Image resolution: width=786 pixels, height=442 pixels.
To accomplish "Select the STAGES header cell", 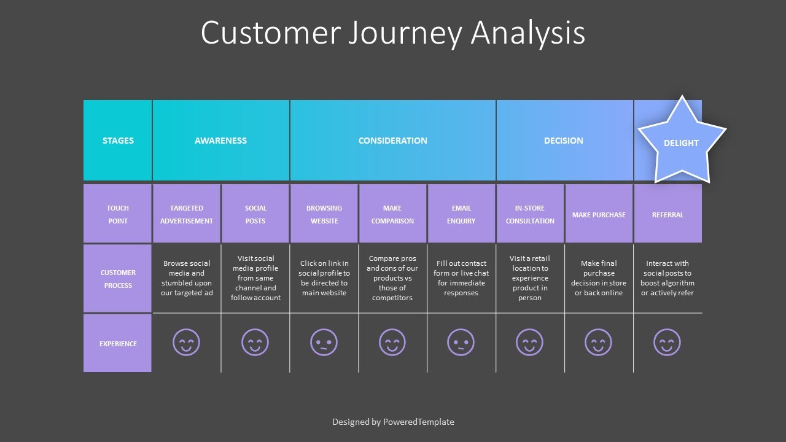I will [118, 141].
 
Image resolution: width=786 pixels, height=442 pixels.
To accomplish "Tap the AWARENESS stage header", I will [220, 141].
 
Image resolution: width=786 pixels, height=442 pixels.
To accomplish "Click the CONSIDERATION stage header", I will [392, 141].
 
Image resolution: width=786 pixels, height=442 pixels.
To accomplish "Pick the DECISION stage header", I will [563, 141].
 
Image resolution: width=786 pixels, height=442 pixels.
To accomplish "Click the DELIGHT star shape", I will [681, 142].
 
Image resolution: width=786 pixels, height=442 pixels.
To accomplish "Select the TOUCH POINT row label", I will [118, 214].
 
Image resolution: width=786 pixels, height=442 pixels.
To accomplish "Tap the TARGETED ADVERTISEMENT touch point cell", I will [187, 214].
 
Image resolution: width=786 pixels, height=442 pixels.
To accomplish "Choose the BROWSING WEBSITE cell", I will [324, 214].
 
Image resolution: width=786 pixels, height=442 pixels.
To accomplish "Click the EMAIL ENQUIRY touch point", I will [461, 214].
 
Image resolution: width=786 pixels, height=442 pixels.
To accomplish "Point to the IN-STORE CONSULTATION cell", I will [530, 214].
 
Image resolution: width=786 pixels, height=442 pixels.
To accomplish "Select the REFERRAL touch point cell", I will [667, 215].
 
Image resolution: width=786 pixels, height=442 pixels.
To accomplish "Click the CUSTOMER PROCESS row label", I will [118, 279].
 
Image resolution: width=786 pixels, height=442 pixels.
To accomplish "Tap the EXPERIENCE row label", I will [118, 344].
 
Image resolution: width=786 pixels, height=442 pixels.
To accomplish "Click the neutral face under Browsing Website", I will [324, 343].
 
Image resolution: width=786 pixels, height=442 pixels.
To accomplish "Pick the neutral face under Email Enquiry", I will [461, 343].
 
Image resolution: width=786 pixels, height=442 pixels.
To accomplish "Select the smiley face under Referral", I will [667, 343].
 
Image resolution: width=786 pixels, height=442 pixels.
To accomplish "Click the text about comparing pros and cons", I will [392, 278].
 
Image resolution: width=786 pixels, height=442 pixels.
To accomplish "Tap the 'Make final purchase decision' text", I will [599, 278].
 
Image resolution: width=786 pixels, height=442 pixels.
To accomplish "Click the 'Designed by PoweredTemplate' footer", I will [393, 422].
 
